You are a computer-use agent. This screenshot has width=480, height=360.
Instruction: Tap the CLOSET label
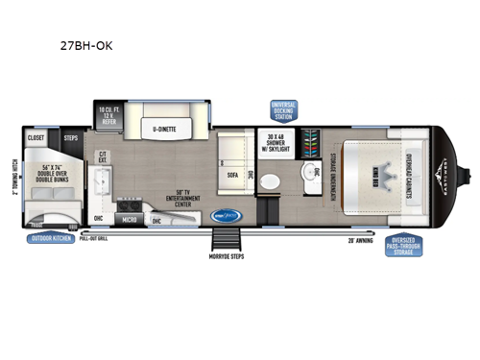(x=36, y=137)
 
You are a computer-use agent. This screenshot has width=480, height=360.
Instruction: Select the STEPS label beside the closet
(x=70, y=137)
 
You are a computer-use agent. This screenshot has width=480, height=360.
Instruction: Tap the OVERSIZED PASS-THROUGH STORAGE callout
(x=405, y=246)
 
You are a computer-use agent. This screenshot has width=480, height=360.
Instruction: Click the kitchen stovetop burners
(x=129, y=204)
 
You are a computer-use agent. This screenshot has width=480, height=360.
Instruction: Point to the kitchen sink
(x=102, y=185)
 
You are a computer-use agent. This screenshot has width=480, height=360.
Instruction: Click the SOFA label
(x=232, y=176)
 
